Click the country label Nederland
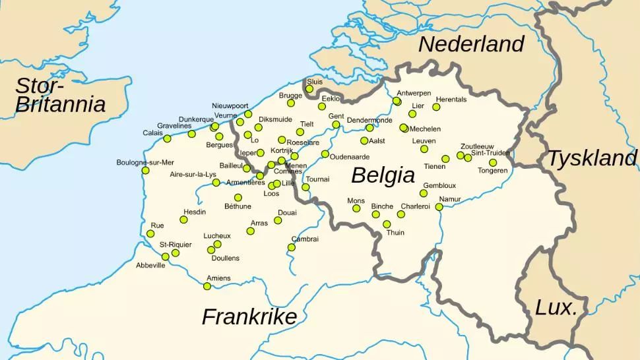471,44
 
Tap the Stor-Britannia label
60,95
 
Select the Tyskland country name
592,158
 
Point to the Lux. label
556,307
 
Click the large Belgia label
383,175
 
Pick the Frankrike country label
249,316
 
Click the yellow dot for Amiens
207,286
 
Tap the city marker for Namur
439,207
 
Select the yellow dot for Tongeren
493,163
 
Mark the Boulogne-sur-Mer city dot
145,171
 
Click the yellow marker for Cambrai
291,247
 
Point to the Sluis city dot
309,89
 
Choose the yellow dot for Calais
167,138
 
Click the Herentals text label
451,100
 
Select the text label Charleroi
415,206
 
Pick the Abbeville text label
150,266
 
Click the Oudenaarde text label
350,157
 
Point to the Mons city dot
356,208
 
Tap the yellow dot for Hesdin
183,220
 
